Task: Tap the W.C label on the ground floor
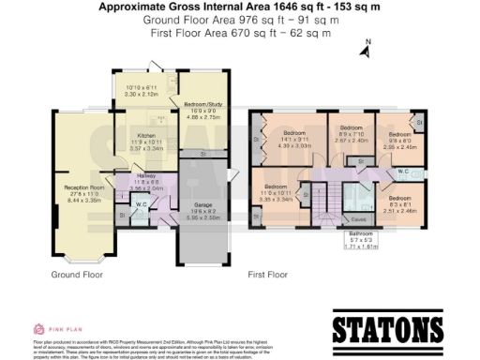140,204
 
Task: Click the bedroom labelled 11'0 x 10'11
281,192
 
